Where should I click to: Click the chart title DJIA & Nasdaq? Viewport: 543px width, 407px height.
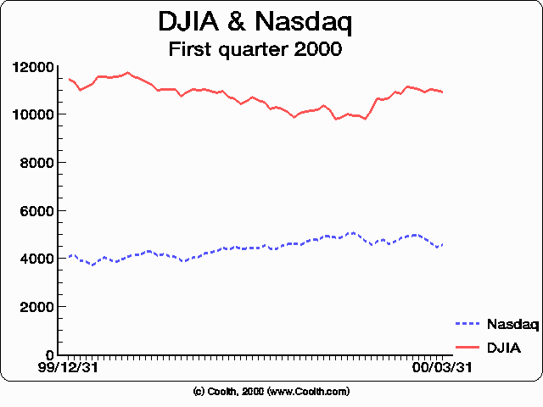pyautogui.click(x=255, y=23)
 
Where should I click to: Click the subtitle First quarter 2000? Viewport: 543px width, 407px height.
pyautogui.click(x=255, y=49)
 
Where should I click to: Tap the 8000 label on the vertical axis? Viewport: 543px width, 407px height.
pyautogui.click(x=37, y=163)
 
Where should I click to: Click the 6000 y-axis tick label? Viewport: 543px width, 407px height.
pyautogui.click(x=37, y=210)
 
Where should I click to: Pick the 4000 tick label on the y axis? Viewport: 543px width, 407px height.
pyautogui.click(x=37, y=259)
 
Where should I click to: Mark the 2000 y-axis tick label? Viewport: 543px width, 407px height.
pyautogui.click(x=37, y=307)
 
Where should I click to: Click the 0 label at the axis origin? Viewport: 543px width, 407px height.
pyautogui.click(x=51, y=354)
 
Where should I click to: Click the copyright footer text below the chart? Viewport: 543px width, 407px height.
pyautogui.click(x=271, y=392)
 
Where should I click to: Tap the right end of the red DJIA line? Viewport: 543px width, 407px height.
pyautogui.click(x=442, y=92)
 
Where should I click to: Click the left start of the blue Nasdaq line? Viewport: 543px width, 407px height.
pyautogui.click(x=69, y=255)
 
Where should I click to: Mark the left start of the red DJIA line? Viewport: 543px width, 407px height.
pyautogui.click(x=69, y=79)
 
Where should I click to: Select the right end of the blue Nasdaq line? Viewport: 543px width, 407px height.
pyautogui.click(x=442, y=244)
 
